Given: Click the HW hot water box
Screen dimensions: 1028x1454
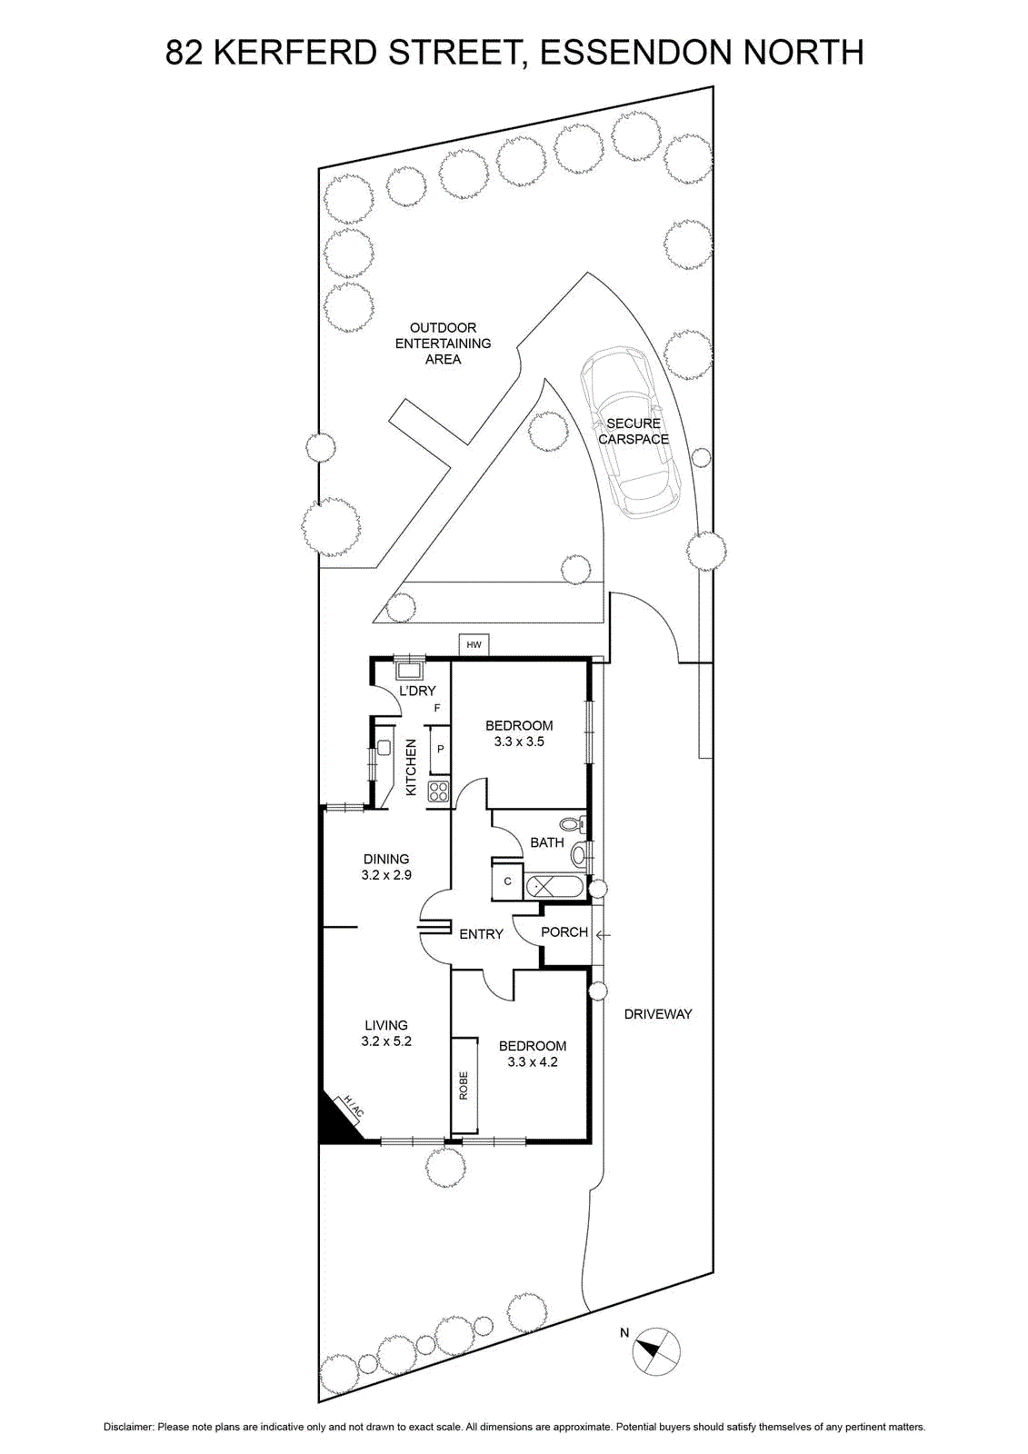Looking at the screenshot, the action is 474,644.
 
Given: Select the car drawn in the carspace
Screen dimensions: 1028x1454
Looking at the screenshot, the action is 629,431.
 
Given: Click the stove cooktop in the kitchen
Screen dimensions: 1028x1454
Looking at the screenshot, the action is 438,792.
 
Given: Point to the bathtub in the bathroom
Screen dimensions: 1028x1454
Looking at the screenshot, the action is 554,886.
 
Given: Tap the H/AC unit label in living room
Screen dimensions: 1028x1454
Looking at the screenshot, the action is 353,1107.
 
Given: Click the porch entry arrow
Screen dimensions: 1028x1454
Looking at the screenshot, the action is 604,935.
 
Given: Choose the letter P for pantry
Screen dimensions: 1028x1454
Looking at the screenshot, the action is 440,749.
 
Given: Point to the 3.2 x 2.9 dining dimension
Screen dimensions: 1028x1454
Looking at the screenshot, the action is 386,875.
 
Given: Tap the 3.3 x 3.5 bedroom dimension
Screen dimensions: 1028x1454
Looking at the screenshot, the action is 519,742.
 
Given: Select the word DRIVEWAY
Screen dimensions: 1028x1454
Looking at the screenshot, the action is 658,1014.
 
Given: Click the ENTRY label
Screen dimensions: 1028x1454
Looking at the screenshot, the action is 481,934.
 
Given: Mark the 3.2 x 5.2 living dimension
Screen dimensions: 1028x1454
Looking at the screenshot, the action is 386,1041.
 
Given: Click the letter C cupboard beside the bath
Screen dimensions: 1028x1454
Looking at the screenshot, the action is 507,881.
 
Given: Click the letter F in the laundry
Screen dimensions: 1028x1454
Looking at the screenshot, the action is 437,708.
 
